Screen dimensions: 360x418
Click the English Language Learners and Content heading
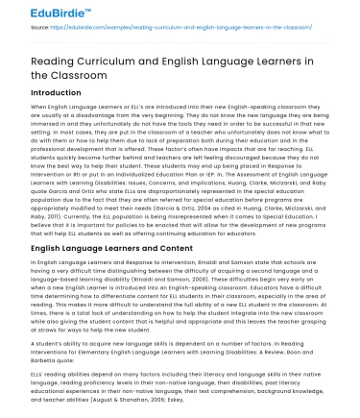point(102,247)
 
